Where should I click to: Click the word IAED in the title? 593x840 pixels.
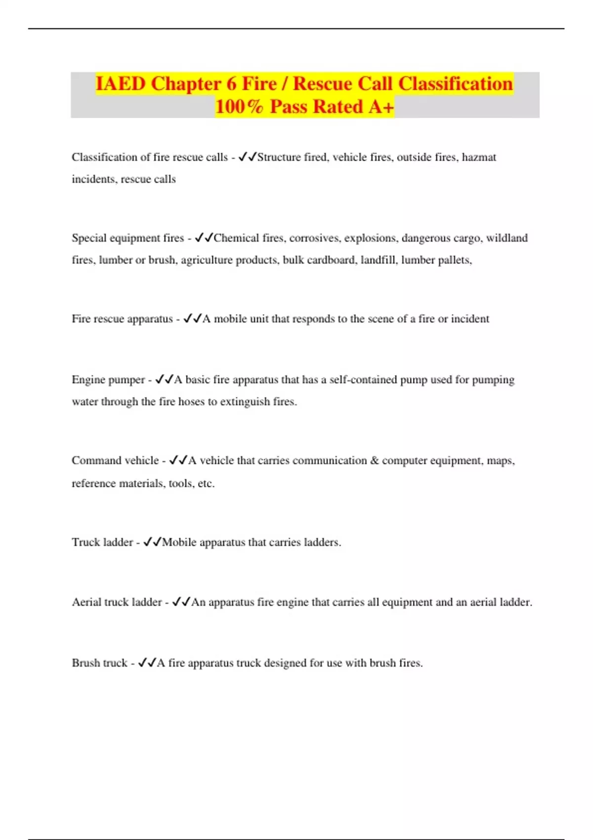click(x=120, y=84)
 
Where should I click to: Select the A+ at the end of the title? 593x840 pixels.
click(x=381, y=106)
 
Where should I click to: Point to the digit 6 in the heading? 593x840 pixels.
click(x=231, y=84)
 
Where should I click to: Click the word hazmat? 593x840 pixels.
click(x=479, y=157)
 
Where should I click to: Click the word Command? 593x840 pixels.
click(x=95, y=461)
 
